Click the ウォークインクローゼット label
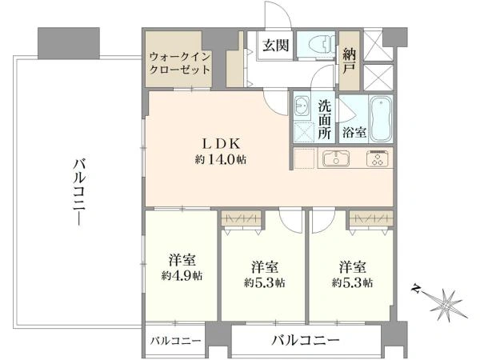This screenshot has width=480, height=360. (180, 63)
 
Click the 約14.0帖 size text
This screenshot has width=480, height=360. (220, 159)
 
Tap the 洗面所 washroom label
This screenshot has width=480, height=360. (325, 119)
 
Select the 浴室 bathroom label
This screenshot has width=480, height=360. (355, 132)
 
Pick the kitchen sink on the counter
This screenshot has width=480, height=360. (335, 158)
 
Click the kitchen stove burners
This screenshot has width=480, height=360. (378, 158)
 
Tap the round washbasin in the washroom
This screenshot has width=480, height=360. (302, 106)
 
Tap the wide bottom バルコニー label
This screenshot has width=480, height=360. (305, 341)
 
